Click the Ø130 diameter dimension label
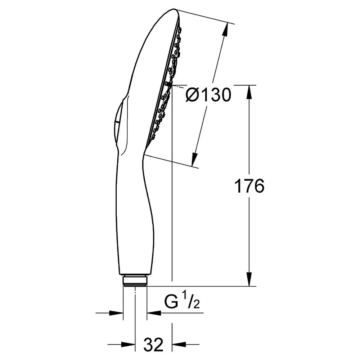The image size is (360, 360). pyautogui.click(x=208, y=95)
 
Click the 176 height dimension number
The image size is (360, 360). pyautogui.click(x=249, y=186)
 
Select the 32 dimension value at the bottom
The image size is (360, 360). pyautogui.click(x=153, y=345)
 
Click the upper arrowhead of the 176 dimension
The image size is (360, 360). pyautogui.click(x=249, y=92)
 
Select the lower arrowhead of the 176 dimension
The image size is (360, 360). pyautogui.click(x=249, y=279)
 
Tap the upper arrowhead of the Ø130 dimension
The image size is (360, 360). pyautogui.click(x=225, y=29)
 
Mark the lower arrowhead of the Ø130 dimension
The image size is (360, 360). pyautogui.click(x=194, y=159)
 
